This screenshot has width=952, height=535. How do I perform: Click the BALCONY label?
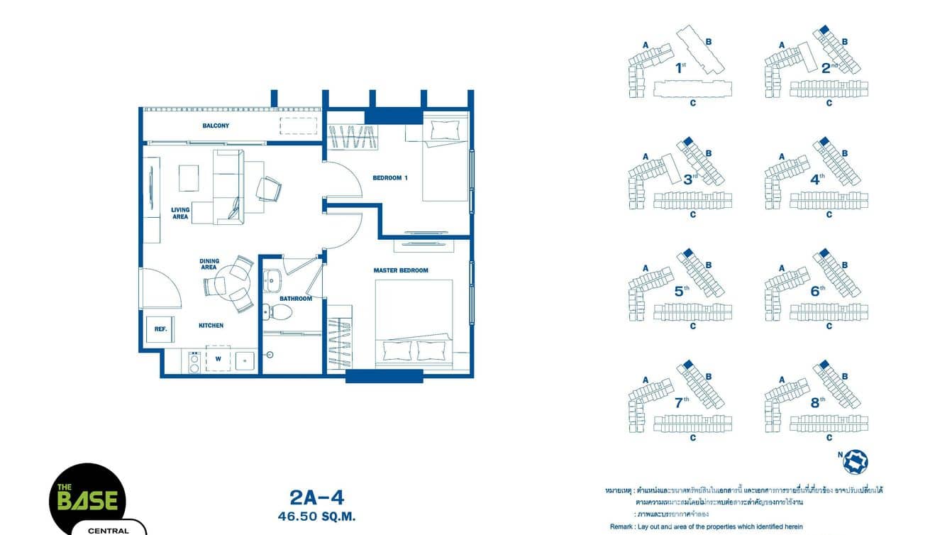[216, 126]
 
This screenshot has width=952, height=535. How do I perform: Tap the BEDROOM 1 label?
[390, 178]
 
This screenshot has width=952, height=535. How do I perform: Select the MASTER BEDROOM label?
[401, 270]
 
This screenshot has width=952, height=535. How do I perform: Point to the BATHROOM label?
[296, 299]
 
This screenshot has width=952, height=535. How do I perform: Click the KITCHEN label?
[211, 326]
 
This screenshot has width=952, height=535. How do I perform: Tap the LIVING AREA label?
[180, 213]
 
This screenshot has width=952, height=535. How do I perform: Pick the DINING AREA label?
[209, 264]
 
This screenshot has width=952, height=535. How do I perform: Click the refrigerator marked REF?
[160, 329]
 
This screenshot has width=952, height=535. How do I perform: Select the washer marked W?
[218, 359]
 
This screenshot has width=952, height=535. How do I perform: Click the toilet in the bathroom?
[274, 311]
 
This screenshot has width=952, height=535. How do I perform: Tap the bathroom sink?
[272, 282]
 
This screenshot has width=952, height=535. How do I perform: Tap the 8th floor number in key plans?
[817, 402]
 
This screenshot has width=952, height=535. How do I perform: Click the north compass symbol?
[855, 461]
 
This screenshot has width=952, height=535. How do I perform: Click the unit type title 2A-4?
[316, 497]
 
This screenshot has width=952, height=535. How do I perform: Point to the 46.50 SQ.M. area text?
[316, 517]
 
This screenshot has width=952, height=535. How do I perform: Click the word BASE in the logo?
[87, 500]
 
